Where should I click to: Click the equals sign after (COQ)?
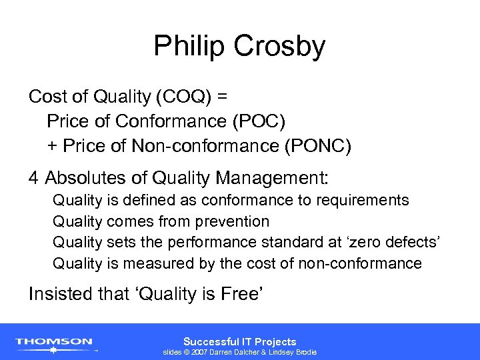click(222, 97)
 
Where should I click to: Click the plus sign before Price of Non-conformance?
click(52, 146)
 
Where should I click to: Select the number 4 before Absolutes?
click(33, 179)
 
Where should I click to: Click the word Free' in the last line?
click(244, 293)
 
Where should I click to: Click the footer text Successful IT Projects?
click(239, 341)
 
